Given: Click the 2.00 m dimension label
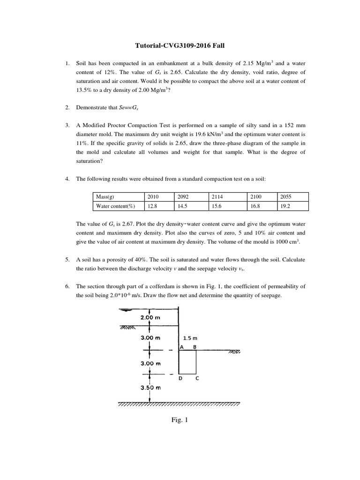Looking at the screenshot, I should click(x=150, y=318).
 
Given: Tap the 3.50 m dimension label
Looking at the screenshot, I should click(x=150, y=388).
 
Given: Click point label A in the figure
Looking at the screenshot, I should click(x=181, y=347).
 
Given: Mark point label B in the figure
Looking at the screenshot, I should click(x=195, y=347).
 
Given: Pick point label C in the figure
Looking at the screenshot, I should click(x=197, y=378).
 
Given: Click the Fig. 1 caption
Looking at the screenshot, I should click(x=180, y=420).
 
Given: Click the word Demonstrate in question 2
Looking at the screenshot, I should click(x=91, y=107).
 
